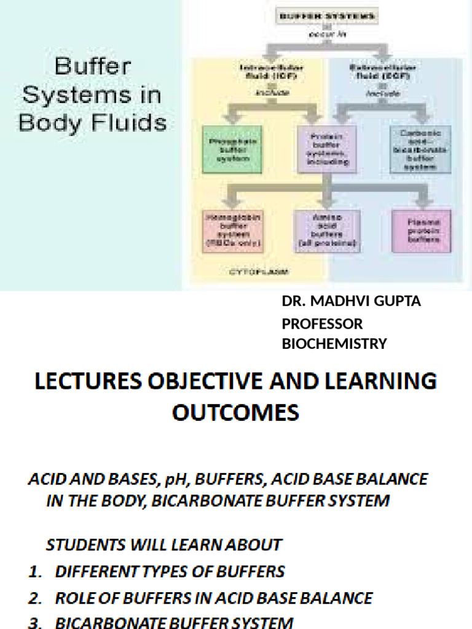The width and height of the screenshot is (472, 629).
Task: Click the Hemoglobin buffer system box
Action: point(234,230)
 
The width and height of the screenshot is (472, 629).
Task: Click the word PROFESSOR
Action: point(322,324)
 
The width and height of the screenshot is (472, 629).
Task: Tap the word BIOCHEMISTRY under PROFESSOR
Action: point(334,344)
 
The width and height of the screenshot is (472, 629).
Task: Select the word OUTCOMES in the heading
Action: point(235,412)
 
